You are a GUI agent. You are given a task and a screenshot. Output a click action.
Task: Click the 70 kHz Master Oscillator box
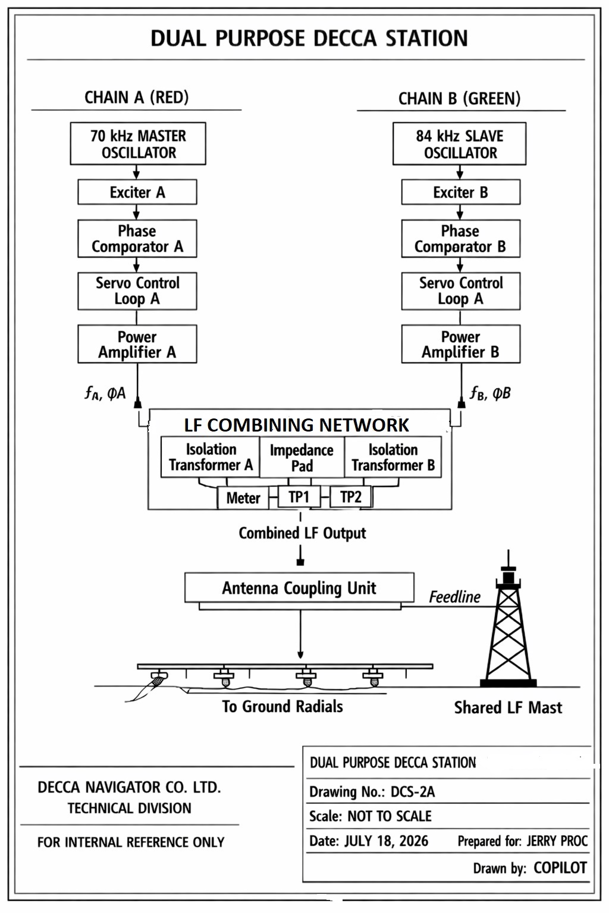(x=138, y=143)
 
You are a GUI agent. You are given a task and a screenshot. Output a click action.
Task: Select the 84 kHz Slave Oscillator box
(x=459, y=143)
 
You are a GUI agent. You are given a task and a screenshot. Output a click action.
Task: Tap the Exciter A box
(x=137, y=192)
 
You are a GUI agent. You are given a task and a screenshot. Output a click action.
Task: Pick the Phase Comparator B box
(x=460, y=239)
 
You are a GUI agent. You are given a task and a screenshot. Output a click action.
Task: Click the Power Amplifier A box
(x=137, y=344)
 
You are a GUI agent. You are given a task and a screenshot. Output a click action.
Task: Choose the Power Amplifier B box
(x=460, y=344)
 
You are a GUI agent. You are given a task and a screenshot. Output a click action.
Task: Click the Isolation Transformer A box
(x=211, y=457)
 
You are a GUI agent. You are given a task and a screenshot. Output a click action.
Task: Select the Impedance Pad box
(x=302, y=457)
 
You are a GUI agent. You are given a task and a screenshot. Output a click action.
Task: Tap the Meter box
(x=243, y=498)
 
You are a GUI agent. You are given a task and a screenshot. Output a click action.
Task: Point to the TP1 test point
(x=299, y=497)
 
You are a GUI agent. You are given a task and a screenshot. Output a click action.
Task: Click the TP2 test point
(x=351, y=497)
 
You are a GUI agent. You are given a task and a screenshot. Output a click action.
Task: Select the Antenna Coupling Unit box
(x=299, y=588)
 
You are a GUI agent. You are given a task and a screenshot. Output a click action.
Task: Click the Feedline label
(x=454, y=597)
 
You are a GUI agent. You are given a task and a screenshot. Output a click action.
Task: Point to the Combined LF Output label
(x=302, y=533)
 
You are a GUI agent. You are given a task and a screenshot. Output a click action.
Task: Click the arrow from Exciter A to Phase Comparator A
(x=136, y=212)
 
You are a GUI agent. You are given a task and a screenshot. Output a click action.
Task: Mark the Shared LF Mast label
(x=508, y=707)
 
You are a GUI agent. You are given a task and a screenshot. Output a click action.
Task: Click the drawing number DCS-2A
(x=412, y=792)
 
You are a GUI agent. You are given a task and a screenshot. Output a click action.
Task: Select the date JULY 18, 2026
(x=387, y=841)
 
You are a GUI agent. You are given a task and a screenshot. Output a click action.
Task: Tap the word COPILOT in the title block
(x=560, y=868)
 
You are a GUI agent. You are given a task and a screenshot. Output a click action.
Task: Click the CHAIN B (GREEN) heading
(x=459, y=99)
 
